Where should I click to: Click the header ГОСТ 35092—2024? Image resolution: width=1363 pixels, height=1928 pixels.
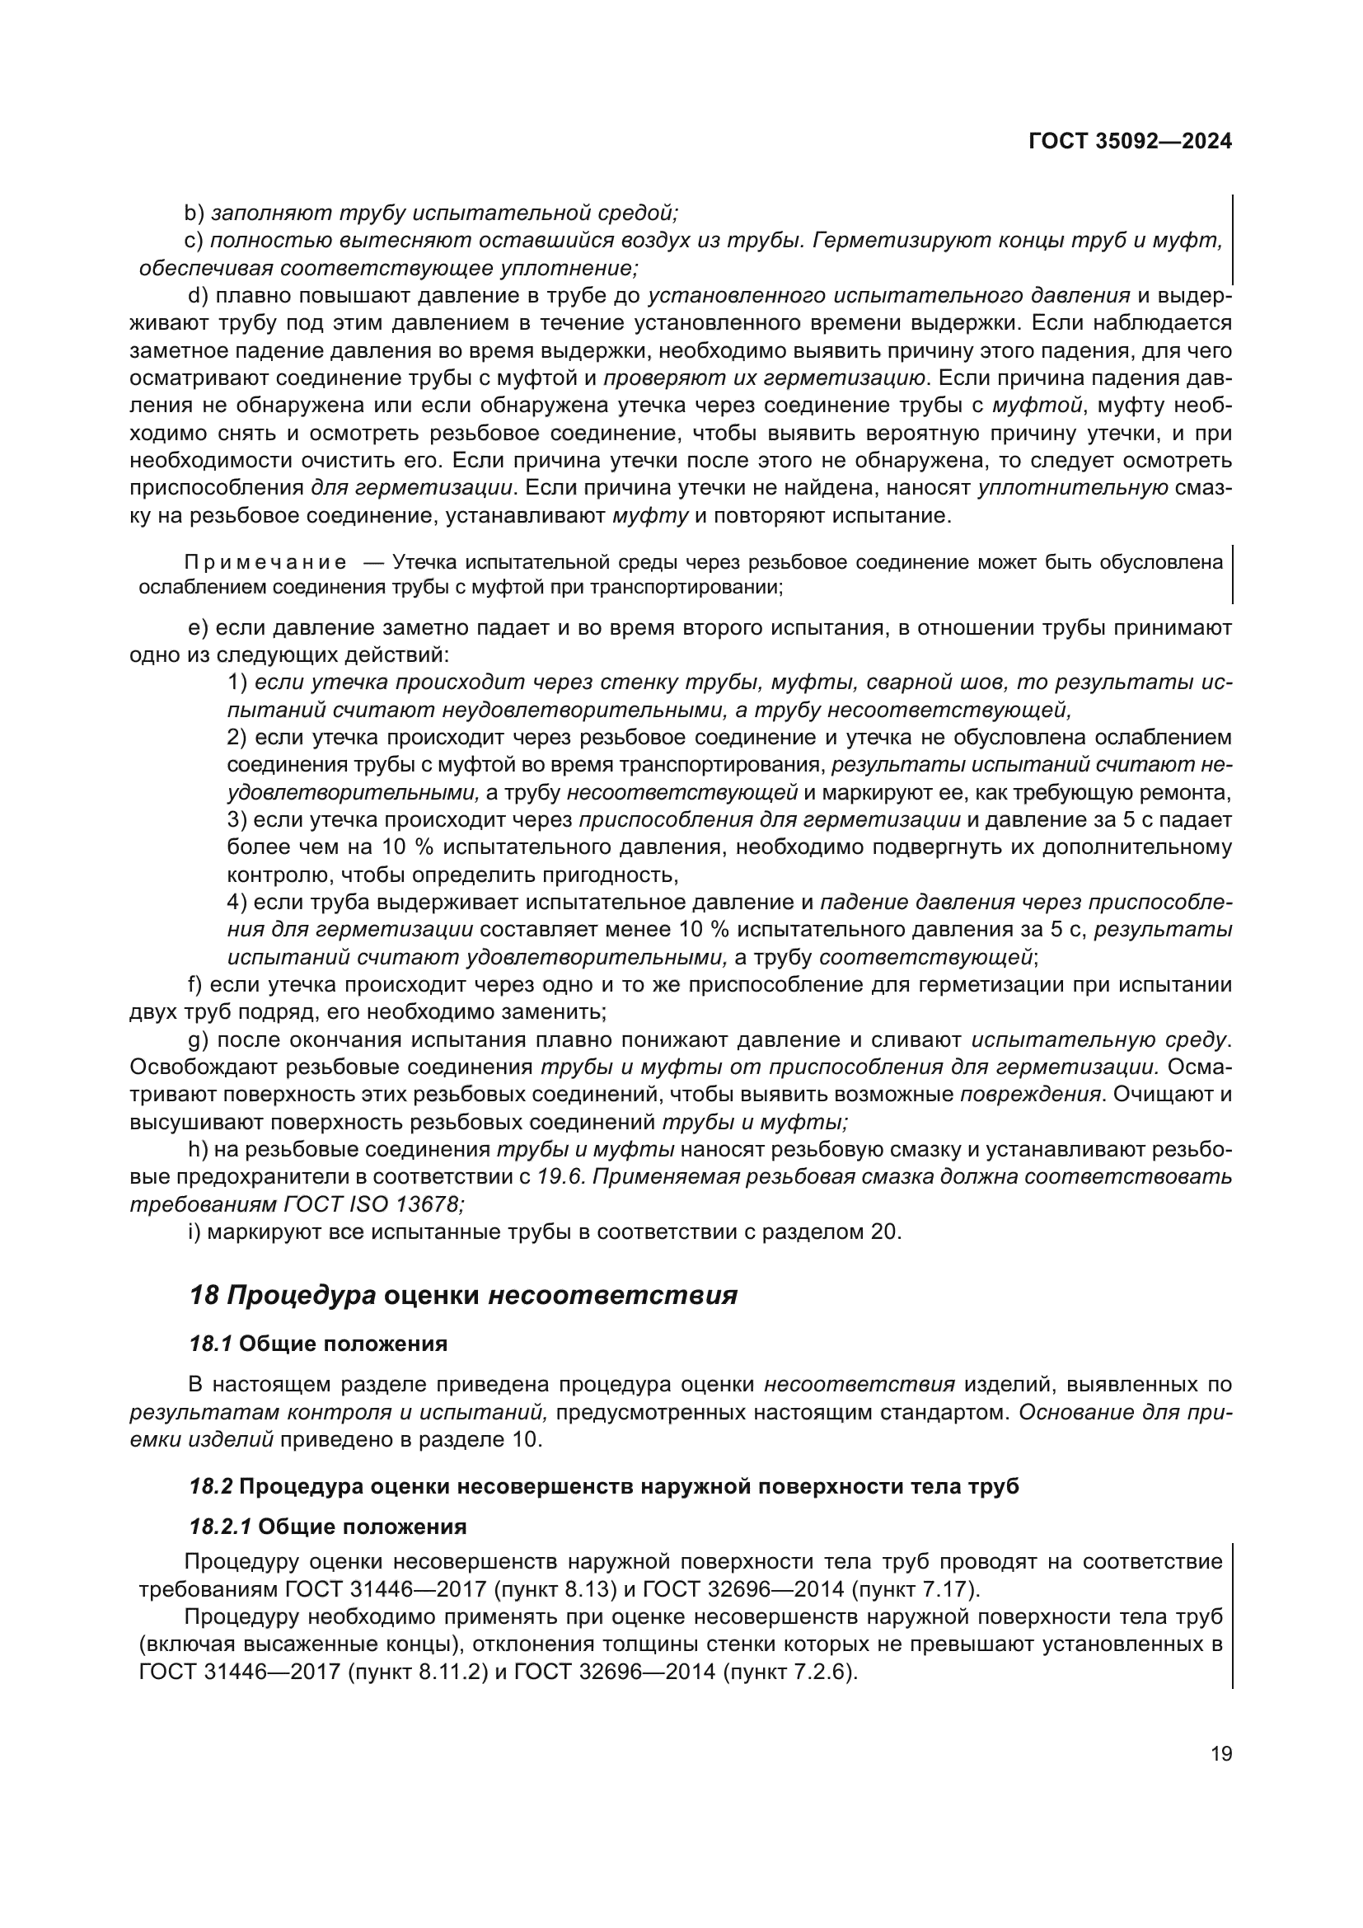1130,141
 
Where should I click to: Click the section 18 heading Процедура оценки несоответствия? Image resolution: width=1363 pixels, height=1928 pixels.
463,1296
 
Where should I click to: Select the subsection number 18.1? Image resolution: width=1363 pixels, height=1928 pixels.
211,1344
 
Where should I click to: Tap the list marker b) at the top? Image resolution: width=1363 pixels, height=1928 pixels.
194,213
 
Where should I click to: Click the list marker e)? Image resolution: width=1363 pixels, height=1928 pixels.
198,628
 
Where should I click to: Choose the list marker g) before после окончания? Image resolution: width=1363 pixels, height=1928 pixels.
198,1039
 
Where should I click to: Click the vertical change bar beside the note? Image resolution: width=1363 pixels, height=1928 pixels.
1231,575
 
